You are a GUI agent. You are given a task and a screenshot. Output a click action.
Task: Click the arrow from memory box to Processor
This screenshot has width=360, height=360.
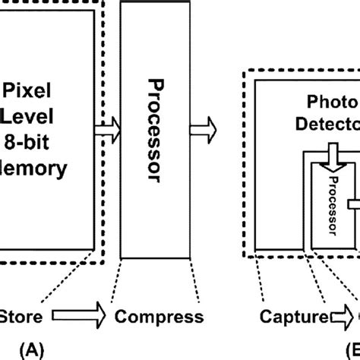pos(106,130)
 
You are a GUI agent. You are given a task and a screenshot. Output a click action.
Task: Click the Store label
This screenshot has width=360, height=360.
pos(25,316)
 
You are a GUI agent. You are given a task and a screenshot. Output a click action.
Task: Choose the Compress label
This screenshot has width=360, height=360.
pos(158,316)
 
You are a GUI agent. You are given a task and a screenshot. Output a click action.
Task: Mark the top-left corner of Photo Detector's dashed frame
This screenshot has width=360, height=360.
pos(244,72)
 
